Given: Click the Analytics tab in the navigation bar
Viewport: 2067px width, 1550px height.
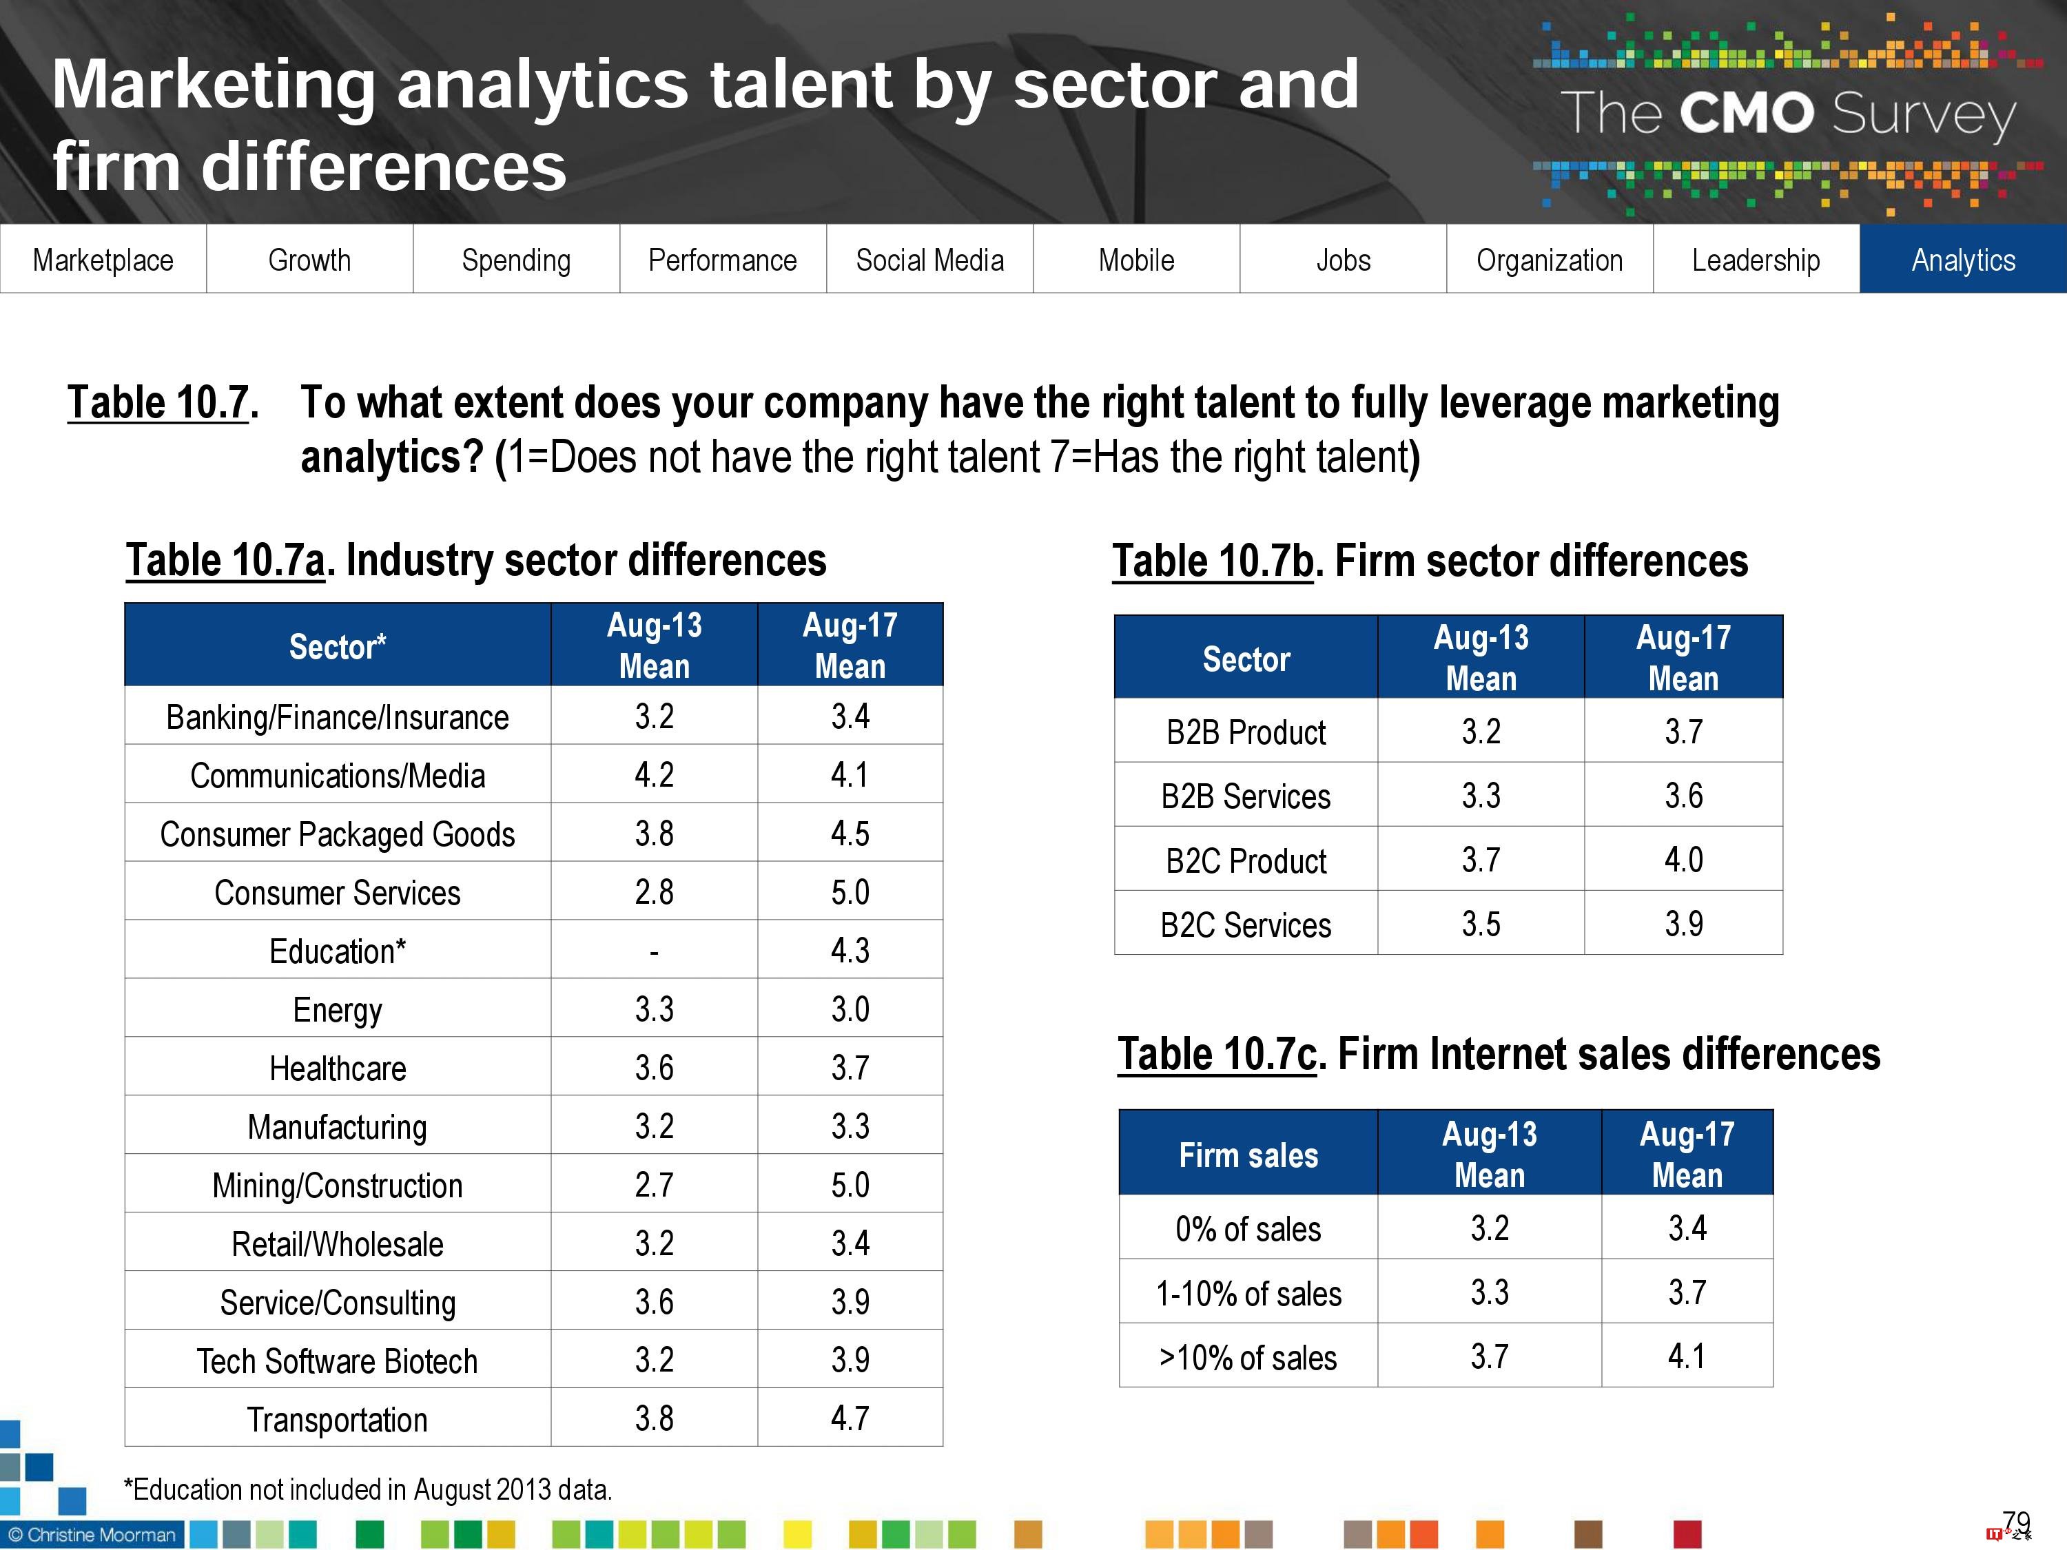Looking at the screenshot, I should pos(1962,260).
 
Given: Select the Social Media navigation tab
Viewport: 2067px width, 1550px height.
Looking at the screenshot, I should pos(929,260).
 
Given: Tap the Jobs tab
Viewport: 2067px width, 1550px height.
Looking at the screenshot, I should pos(1343,260).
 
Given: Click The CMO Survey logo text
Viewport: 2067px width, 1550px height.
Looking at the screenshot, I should pos(1787,114).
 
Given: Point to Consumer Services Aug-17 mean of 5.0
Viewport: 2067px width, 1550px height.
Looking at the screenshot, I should pos(850,892).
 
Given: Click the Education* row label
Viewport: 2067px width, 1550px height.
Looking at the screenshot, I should pos(338,951).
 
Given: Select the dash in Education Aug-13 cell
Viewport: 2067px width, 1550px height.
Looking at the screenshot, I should pos(654,952).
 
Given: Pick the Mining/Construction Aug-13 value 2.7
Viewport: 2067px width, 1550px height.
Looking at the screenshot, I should pos(654,1185).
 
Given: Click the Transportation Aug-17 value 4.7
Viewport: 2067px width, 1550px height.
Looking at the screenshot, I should pos(850,1418).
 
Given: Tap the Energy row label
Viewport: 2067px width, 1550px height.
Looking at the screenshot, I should pos(338,1010).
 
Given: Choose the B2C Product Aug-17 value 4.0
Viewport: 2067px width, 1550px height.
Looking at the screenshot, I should pos(1683,860).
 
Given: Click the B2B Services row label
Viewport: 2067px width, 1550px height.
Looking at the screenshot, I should pos(1246,796).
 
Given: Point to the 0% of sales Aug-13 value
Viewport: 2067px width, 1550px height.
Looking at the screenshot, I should pos(1490,1228).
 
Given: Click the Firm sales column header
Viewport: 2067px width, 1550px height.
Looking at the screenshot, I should pos(1248,1155).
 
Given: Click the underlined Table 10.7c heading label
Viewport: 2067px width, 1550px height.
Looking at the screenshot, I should pos(1217,1054).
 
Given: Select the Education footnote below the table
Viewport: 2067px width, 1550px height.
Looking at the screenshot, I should pos(368,1489).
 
